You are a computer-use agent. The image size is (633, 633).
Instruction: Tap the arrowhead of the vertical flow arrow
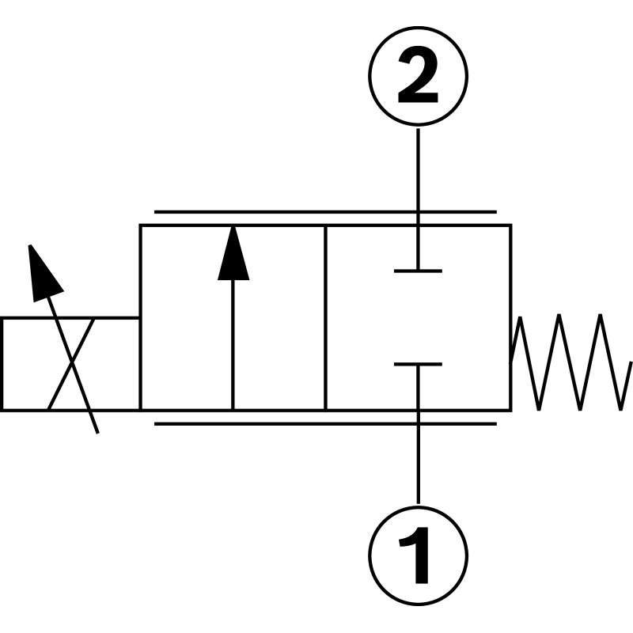click(x=233, y=253)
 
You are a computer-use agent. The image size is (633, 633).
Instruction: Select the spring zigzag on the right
click(x=570, y=362)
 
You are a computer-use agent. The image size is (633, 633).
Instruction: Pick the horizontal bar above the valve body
click(x=324, y=212)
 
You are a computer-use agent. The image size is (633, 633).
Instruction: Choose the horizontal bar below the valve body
click(x=324, y=423)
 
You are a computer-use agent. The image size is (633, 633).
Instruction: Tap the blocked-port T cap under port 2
click(x=418, y=271)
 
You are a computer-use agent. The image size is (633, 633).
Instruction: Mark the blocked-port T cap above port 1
click(x=418, y=365)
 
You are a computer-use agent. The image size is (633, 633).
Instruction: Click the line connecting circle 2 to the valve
click(x=418, y=174)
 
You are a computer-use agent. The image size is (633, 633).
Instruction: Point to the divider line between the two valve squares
click(x=326, y=316)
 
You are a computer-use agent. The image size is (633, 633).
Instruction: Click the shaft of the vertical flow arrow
click(x=233, y=348)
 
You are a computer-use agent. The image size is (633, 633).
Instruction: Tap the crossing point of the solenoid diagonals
click(x=71, y=364)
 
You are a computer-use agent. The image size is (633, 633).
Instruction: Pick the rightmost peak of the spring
click(x=603, y=316)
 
